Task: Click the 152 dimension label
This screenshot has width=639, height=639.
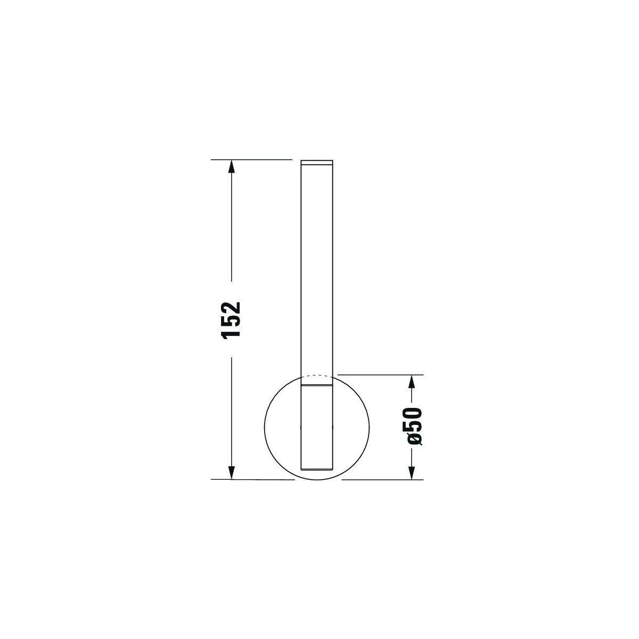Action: point(232,320)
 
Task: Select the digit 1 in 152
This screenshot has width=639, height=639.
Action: point(232,333)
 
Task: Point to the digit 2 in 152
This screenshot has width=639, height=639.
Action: point(232,307)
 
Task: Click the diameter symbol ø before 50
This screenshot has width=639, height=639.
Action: point(414,439)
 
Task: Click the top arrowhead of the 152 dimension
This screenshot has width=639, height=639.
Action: point(232,166)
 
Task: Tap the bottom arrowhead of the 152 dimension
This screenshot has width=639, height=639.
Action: point(232,472)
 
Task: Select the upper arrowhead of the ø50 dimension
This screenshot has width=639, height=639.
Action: point(412,381)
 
